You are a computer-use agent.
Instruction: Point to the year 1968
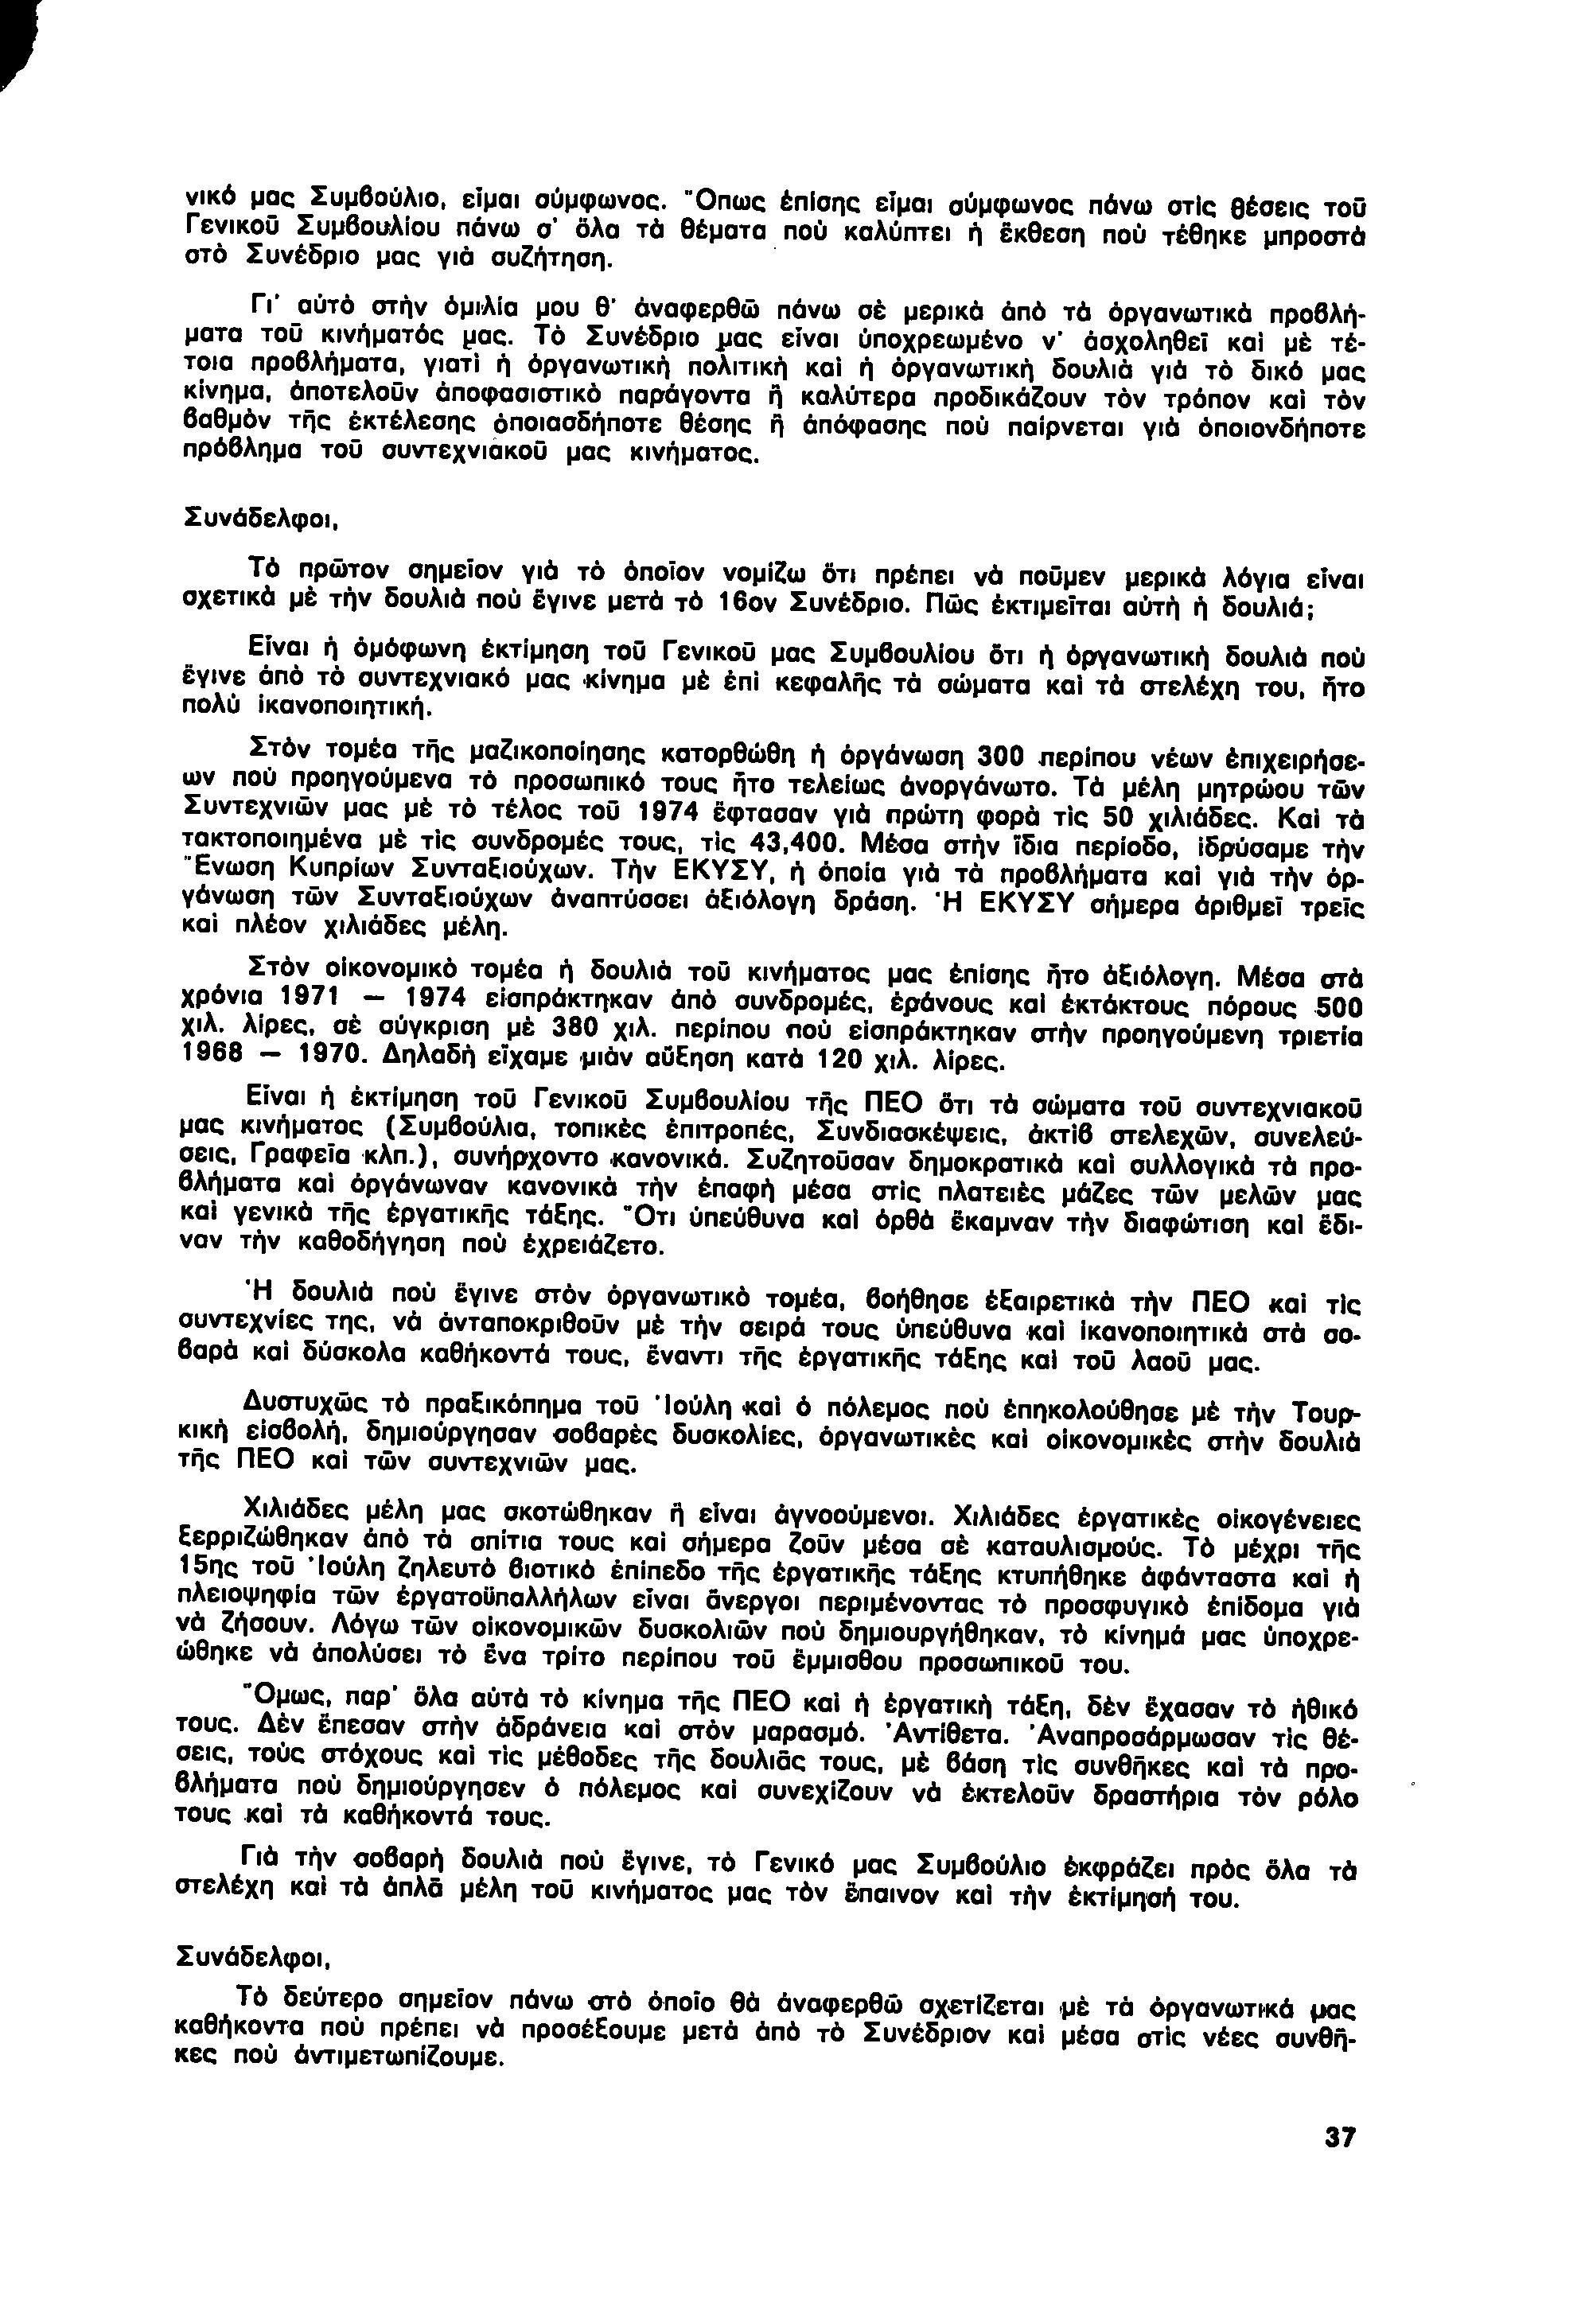213,1057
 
